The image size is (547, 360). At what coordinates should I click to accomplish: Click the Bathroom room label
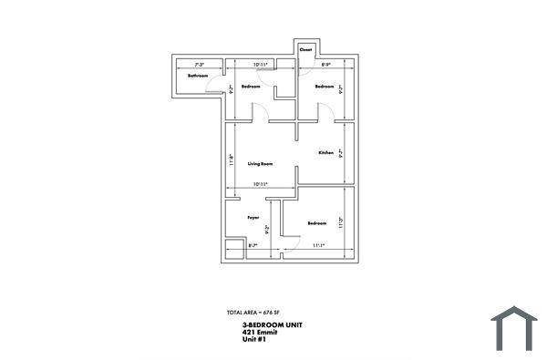(x=198, y=76)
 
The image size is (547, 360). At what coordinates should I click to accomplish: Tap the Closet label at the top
(x=306, y=49)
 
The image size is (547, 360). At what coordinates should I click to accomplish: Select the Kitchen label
(x=326, y=153)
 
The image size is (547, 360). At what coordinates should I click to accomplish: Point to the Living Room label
(x=261, y=163)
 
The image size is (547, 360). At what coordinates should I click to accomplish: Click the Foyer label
(x=253, y=217)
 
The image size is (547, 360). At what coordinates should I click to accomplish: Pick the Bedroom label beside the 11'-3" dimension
(x=316, y=223)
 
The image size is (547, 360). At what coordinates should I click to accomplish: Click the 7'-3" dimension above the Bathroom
(x=198, y=65)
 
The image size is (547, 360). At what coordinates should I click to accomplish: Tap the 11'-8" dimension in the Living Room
(x=232, y=159)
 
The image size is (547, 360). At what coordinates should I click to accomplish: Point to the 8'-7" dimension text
(x=253, y=246)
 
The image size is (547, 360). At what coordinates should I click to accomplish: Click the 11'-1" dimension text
(x=318, y=246)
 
